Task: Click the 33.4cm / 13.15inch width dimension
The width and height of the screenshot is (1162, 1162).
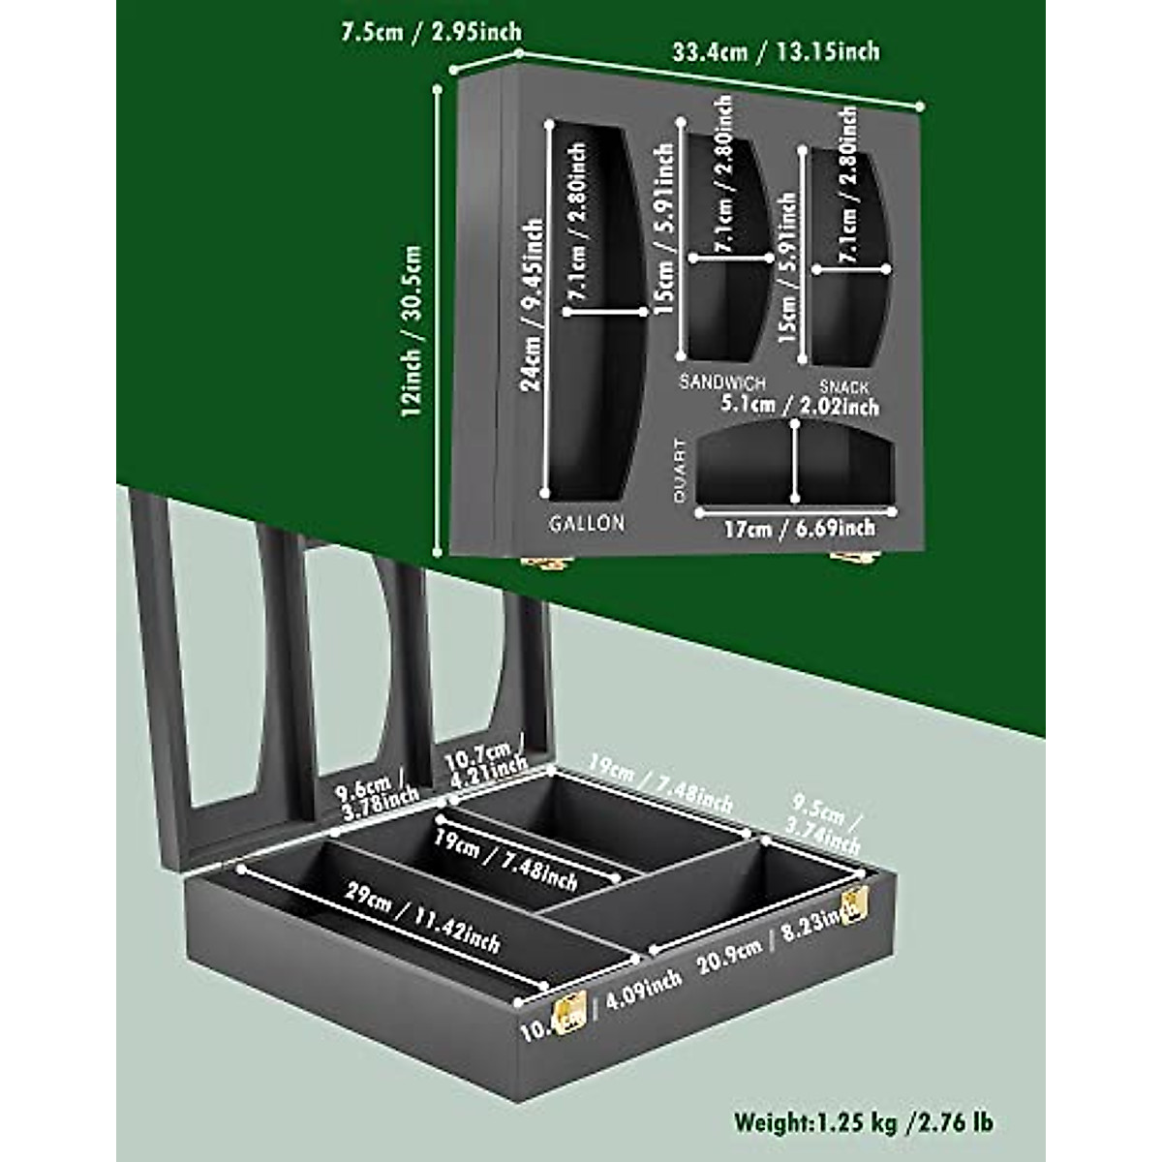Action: point(776,50)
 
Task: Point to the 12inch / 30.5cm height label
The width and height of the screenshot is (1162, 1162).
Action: point(413,329)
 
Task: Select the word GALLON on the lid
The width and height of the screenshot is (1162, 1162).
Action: point(587,524)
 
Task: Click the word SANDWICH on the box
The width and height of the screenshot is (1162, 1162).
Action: point(721,382)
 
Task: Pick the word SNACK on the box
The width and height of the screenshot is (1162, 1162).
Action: point(843,387)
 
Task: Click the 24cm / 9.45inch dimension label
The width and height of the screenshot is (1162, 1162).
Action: point(532,305)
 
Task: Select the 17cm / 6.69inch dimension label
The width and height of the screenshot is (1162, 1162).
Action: point(799,529)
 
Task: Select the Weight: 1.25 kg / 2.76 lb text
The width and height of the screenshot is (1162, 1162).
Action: point(863,1122)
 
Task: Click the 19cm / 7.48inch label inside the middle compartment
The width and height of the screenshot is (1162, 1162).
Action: point(505,861)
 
